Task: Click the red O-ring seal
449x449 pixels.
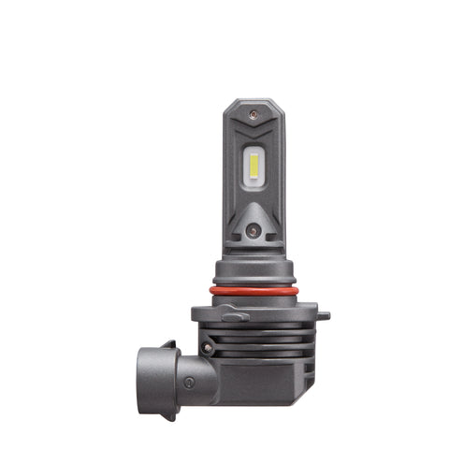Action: click(x=254, y=290)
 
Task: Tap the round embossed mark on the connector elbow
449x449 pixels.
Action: click(x=189, y=382)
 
